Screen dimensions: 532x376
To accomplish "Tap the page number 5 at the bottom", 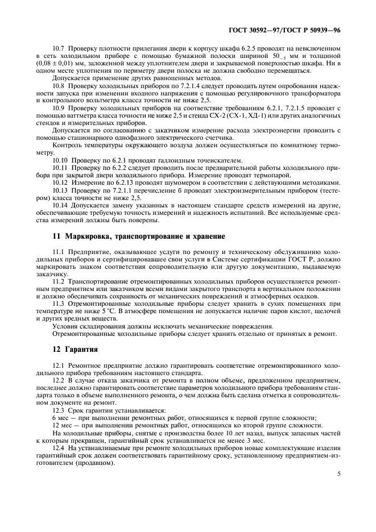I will coord(338,472).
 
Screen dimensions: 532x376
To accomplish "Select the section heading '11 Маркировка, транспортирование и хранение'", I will coord(131,236).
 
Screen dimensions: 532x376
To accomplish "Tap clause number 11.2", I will coord(59,281).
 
